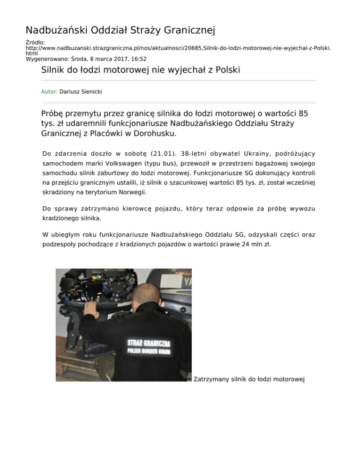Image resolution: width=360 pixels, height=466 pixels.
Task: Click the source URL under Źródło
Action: click(x=178, y=48)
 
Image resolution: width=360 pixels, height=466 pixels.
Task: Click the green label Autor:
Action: click(x=49, y=92)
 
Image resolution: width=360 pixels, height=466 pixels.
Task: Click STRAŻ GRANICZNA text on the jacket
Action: click(x=149, y=344)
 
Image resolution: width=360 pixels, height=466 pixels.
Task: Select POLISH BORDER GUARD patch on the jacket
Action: click(x=149, y=352)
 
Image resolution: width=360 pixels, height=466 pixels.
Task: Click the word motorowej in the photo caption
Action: click(x=288, y=378)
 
